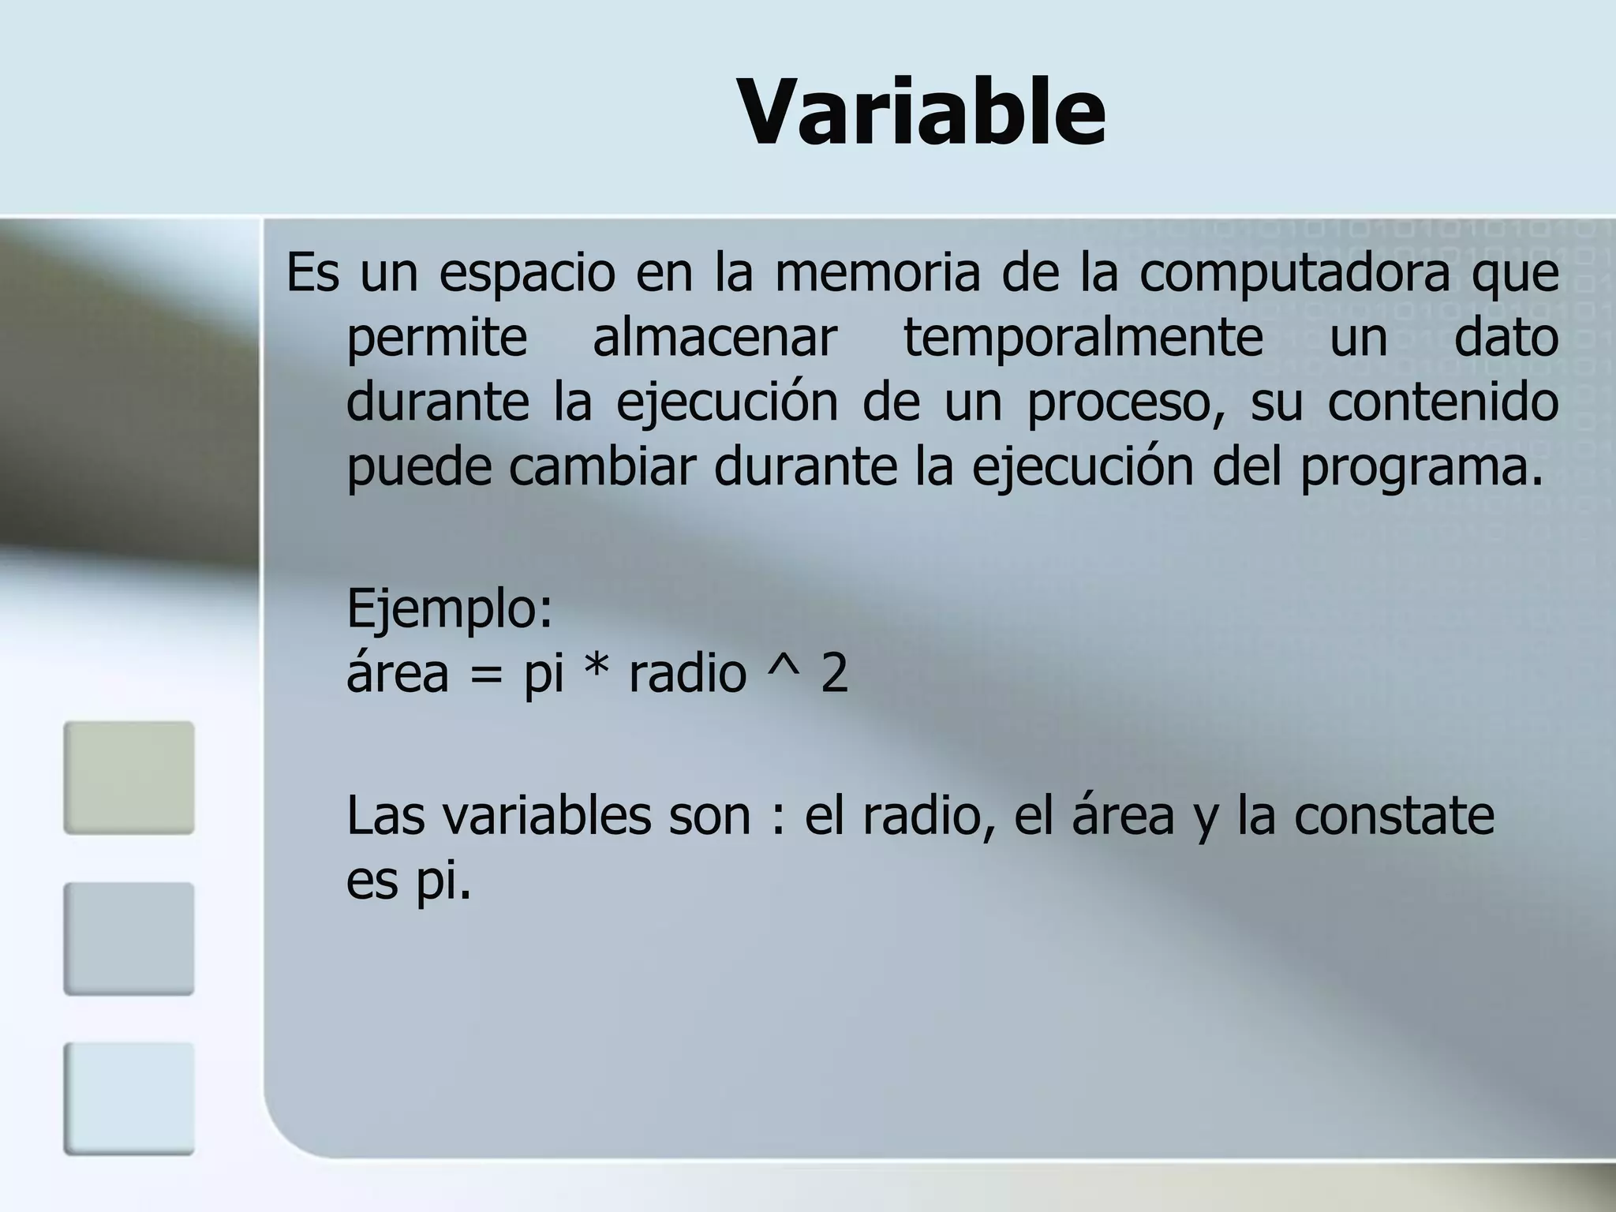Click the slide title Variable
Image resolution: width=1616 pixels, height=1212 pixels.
click(x=921, y=113)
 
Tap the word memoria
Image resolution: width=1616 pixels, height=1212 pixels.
click(x=877, y=273)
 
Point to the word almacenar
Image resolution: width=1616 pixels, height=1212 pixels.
click(x=714, y=338)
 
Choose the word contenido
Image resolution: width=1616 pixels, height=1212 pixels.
click(x=1442, y=402)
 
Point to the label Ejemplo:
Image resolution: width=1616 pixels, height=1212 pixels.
click(x=450, y=609)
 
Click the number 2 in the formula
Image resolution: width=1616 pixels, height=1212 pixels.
click(x=834, y=675)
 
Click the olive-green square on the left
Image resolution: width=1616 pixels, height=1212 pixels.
click(x=129, y=777)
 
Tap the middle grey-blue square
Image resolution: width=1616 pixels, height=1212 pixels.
click(x=129, y=938)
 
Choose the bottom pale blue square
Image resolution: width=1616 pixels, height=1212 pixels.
click(x=129, y=1098)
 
